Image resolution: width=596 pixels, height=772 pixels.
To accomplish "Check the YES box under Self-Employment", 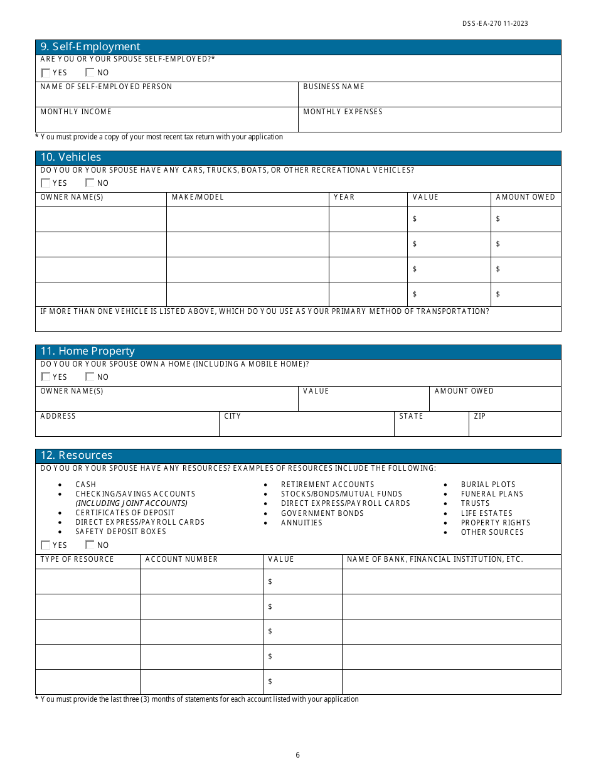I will click(45, 73).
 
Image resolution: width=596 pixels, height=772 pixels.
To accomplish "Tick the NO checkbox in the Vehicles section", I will click(90, 183).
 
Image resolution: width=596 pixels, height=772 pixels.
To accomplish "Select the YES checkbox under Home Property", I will click(45, 377).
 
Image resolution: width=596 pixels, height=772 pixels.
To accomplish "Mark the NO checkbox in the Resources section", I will click(90, 545).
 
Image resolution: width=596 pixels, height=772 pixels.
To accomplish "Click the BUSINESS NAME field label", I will click(334, 87).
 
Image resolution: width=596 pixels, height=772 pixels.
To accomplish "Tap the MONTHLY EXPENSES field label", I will click(343, 112).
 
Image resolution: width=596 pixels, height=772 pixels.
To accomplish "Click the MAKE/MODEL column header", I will click(198, 197).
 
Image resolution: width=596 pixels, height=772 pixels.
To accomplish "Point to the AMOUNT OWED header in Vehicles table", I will click(525, 197).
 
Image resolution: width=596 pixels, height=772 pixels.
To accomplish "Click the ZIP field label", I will click(480, 416).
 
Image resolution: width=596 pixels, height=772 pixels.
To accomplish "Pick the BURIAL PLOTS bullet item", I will click(488, 485).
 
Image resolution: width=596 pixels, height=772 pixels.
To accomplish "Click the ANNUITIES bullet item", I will click(302, 523).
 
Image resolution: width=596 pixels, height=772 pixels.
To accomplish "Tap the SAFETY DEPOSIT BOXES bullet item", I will click(120, 532).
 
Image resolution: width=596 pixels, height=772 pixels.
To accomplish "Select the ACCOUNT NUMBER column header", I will click(181, 559).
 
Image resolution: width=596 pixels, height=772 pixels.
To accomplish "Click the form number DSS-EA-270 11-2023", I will click(495, 24).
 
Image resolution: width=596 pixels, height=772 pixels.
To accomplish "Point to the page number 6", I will click(298, 755).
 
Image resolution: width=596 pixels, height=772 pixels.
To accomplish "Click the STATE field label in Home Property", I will click(411, 416).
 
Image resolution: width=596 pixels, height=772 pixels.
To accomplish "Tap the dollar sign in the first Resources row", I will click(270, 582).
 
